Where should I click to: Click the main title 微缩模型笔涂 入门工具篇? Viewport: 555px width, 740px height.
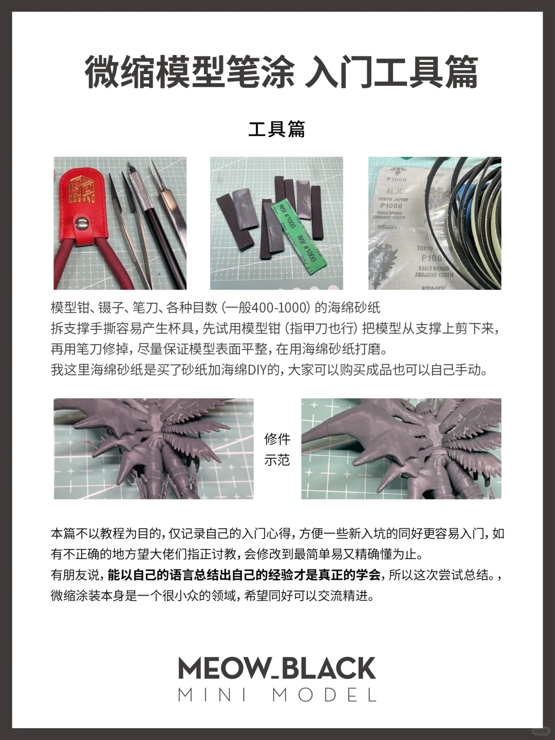click(281, 72)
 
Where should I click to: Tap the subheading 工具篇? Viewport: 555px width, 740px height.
click(276, 129)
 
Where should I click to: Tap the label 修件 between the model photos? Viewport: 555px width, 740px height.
click(277, 439)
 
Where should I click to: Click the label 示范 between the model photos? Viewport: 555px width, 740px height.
click(277, 460)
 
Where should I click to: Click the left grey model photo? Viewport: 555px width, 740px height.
click(153, 448)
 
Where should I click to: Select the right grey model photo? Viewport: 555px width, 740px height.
click(401, 448)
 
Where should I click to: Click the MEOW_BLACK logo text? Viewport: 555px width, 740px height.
click(277, 669)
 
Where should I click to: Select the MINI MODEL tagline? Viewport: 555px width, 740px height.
click(277, 695)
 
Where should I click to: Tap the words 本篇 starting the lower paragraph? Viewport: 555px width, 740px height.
click(63, 533)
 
